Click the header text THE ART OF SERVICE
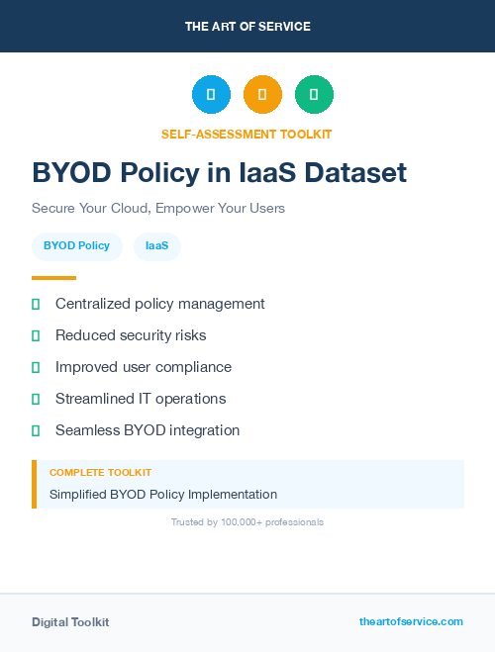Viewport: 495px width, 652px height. [247, 27]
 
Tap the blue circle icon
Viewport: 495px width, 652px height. [211, 95]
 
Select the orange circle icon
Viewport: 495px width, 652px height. [262, 95]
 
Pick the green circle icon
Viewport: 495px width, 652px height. [314, 95]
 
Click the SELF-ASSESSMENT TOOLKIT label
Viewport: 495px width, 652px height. [247, 134]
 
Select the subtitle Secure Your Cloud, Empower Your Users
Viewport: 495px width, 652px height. [158, 209]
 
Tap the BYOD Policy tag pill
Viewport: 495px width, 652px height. [77, 246]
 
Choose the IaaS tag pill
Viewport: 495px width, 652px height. [157, 246]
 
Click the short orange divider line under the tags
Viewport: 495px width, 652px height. [53, 278]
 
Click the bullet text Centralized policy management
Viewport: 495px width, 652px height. [160, 304]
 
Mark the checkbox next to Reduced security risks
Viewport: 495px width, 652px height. [36, 335]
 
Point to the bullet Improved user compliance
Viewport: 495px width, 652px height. [144, 367]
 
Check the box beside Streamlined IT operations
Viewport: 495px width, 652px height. [36, 399]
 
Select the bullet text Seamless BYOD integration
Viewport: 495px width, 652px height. [148, 430]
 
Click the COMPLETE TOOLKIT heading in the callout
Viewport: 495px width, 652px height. [100, 473]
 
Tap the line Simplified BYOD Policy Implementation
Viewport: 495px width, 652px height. [163, 494]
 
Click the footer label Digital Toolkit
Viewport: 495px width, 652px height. [70, 622]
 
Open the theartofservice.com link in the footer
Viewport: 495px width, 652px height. [411, 621]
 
